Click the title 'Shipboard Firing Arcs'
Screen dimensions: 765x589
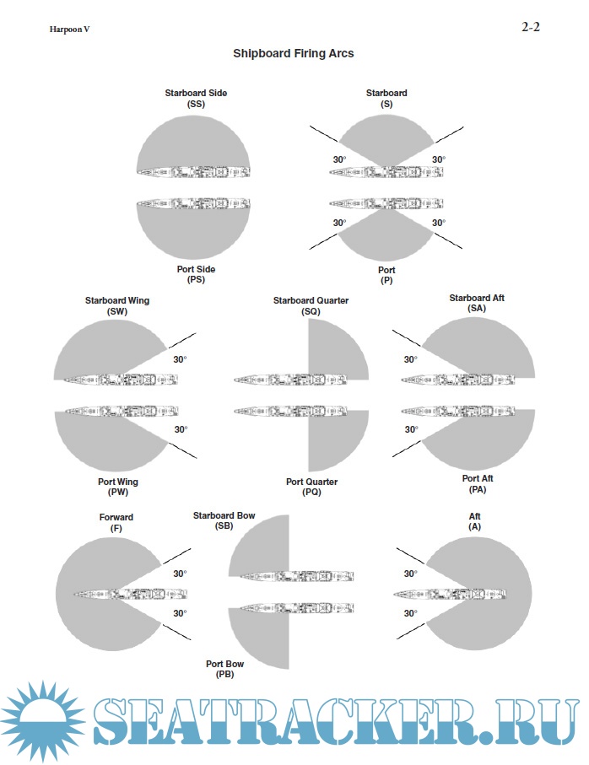[293, 53]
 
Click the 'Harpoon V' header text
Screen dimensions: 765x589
[69, 30]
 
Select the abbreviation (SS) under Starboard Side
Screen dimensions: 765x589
[196, 104]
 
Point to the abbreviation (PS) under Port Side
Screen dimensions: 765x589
[196, 280]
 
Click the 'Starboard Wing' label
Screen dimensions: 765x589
[117, 300]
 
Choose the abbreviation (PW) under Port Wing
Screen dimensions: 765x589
[118, 493]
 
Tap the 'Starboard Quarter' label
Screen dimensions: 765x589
[311, 300]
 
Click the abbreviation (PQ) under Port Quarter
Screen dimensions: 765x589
[311, 493]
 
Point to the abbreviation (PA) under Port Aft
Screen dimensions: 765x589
[477, 490]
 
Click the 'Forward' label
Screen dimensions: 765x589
[116, 517]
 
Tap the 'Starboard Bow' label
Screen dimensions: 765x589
[224, 514]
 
